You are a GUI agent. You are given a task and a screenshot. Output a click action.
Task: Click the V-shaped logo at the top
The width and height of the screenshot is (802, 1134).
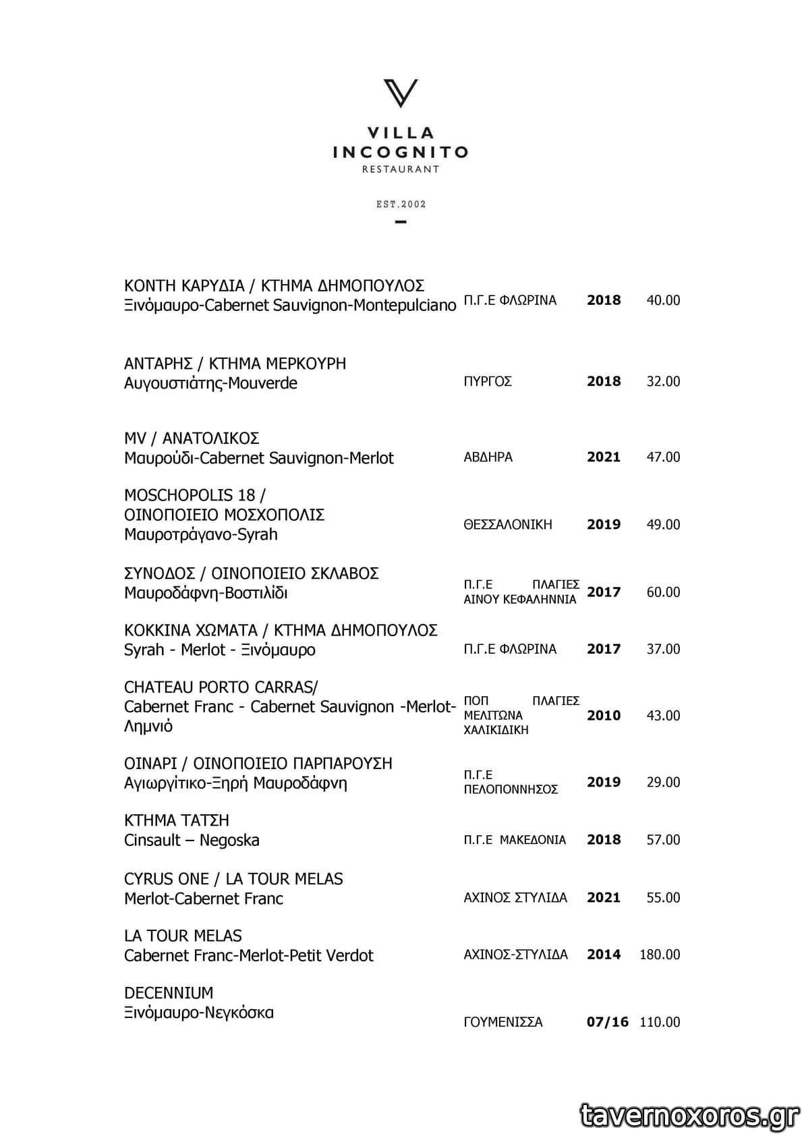pyautogui.click(x=401, y=93)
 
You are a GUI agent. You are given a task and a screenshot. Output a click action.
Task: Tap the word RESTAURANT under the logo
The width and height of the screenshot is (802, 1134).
pyautogui.click(x=401, y=169)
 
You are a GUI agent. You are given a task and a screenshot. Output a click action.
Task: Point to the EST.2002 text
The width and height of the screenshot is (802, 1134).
pyautogui.click(x=401, y=204)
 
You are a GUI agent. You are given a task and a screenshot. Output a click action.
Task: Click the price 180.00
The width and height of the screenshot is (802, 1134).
pyautogui.click(x=660, y=955)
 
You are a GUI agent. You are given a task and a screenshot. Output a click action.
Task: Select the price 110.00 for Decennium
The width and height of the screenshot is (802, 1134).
pyautogui.click(x=660, y=1022)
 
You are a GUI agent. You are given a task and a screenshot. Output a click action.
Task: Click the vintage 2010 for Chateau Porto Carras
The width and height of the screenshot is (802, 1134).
pyautogui.click(x=604, y=715)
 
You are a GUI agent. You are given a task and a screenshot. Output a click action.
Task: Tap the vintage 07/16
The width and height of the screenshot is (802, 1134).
pyautogui.click(x=607, y=1022)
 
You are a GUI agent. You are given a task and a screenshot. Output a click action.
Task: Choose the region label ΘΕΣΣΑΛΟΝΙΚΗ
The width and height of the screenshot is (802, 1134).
pyautogui.click(x=508, y=524)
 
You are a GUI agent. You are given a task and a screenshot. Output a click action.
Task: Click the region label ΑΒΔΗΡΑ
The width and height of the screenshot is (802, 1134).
pyautogui.click(x=488, y=457)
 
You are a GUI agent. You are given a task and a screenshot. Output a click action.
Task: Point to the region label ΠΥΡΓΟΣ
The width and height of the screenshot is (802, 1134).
pyautogui.click(x=488, y=381)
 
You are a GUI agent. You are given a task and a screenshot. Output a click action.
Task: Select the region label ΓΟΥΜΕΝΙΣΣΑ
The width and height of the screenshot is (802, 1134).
pyautogui.click(x=503, y=1022)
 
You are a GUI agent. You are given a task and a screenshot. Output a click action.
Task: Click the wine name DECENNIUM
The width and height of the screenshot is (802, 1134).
pyautogui.click(x=169, y=993)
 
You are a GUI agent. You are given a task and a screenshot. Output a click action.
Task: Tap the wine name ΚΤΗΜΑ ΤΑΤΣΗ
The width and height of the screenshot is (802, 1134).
pyautogui.click(x=177, y=820)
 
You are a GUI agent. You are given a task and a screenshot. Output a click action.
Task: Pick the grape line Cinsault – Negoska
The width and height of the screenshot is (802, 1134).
pyautogui.click(x=192, y=840)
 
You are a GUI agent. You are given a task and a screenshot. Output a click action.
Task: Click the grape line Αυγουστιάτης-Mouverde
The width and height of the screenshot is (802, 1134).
pyautogui.click(x=210, y=383)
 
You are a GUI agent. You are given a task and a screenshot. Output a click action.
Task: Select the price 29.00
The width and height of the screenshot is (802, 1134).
pyautogui.click(x=663, y=782)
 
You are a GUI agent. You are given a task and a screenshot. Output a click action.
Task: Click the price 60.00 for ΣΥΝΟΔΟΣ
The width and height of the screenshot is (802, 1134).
pyautogui.click(x=663, y=592)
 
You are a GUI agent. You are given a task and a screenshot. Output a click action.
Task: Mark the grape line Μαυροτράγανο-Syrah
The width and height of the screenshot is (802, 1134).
pyautogui.click(x=201, y=534)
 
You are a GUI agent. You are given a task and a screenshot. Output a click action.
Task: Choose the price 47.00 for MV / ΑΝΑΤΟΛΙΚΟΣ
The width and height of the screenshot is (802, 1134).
pyautogui.click(x=663, y=457)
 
